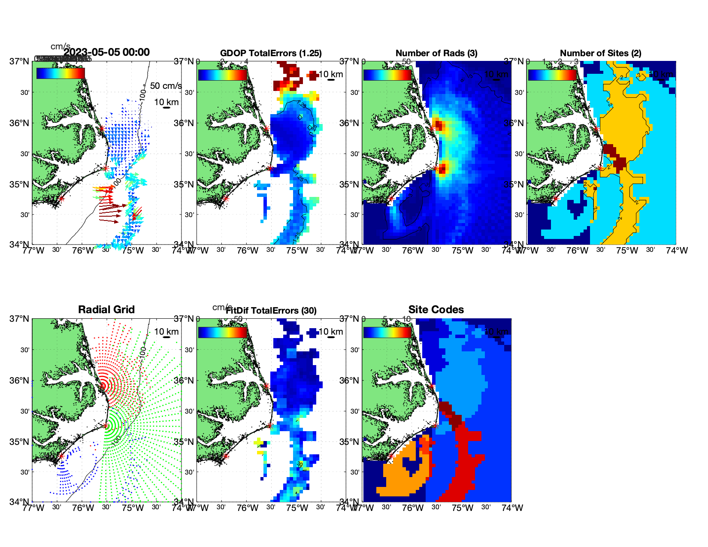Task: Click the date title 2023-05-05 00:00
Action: click(106, 52)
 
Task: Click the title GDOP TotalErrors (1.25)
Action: click(271, 53)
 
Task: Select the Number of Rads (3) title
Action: click(436, 53)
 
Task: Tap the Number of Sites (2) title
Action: click(600, 53)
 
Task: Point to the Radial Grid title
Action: click(106, 310)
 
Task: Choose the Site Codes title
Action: click(436, 310)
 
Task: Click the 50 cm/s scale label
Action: click(166, 86)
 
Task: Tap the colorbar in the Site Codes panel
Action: click(387, 332)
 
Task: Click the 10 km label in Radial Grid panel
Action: click(166, 332)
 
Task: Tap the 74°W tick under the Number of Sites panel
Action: click(677, 251)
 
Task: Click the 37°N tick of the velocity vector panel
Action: click(20, 61)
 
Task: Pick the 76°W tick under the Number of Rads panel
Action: click(413, 251)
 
